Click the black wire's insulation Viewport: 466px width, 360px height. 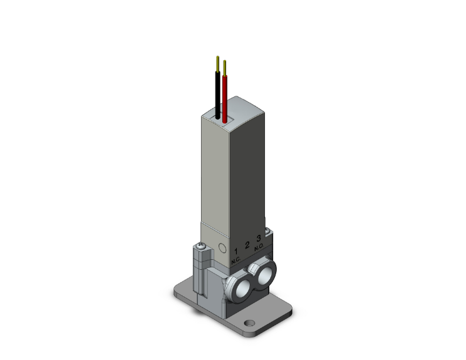tap(217, 95)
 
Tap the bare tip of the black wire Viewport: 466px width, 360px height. tap(217, 63)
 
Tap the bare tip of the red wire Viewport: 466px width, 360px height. tap(224, 66)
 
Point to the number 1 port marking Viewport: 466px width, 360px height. tap(236, 251)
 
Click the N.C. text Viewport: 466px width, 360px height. tap(236, 260)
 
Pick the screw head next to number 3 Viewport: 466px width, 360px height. tap(268, 234)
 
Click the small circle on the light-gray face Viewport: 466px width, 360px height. tap(221, 249)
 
